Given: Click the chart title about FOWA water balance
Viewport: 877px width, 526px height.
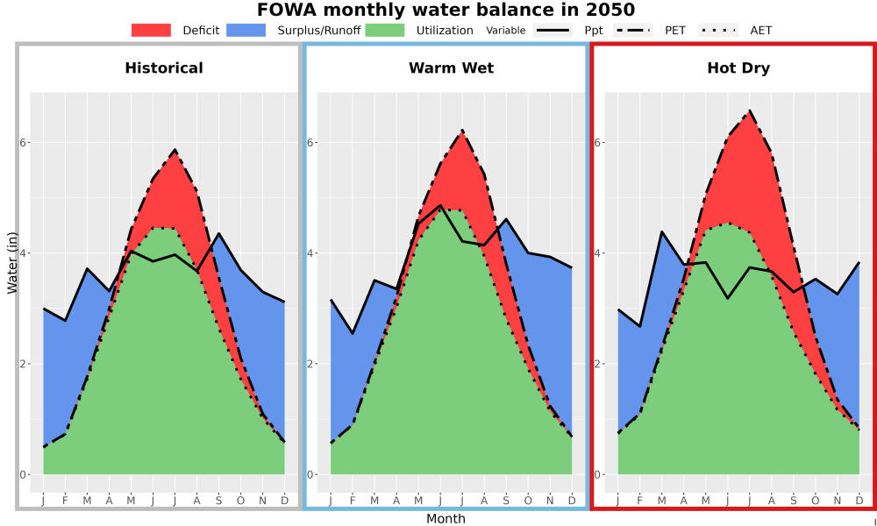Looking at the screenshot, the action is [x=446, y=10].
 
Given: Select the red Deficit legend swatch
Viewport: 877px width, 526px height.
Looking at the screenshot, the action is [x=151, y=30].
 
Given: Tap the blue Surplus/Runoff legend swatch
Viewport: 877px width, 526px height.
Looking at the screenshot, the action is [x=246, y=30].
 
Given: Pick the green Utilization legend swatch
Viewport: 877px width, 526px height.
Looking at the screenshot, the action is [x=385, y=30].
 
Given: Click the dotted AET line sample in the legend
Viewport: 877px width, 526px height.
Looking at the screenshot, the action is [x=718, y=30].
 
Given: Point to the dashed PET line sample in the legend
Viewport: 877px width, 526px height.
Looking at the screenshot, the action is [x=633, y=30].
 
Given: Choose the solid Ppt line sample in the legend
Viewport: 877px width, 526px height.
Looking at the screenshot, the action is [x=553, y=30].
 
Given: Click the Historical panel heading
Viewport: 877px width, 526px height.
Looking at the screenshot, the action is [x=164, y=68].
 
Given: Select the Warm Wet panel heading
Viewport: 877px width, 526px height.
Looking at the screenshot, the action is [x=452, y=68].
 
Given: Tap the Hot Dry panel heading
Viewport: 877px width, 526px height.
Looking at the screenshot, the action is [x=738, y=68].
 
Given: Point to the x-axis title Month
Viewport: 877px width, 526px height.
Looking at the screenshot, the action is [x=446, y=519].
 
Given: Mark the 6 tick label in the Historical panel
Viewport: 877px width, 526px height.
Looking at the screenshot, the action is [x=24, y=143].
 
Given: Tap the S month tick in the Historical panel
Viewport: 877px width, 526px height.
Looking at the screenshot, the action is [x=218, y=501].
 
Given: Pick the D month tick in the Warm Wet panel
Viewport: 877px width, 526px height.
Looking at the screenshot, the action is [x=572, y=501].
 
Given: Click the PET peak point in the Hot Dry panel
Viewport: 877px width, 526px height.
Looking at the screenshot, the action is [x=750, y=110].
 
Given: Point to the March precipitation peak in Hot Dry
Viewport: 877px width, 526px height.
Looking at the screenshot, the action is [x=661, y=231].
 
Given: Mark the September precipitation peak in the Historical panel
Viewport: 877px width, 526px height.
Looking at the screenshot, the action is [x=218, y=233].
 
